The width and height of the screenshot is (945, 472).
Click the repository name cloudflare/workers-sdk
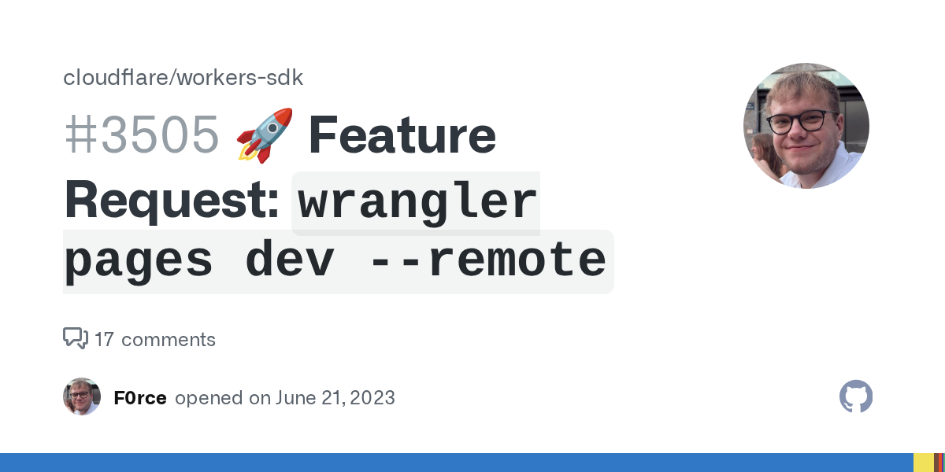183,78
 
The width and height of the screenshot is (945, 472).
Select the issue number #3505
141,135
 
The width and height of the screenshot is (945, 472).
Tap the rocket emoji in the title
265,135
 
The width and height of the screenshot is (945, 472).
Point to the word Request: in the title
172,200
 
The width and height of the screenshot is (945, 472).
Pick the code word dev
290,257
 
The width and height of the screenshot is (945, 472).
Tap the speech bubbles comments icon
76,338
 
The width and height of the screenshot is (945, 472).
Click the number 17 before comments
104,340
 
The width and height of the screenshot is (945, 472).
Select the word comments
169,340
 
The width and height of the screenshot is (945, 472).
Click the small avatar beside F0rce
82,396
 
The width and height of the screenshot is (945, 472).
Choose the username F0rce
140,398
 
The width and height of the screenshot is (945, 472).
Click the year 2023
372,398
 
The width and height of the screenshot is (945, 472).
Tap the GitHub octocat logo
856,396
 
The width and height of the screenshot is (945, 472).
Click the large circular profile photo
806,126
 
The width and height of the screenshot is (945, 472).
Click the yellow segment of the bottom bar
924,463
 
